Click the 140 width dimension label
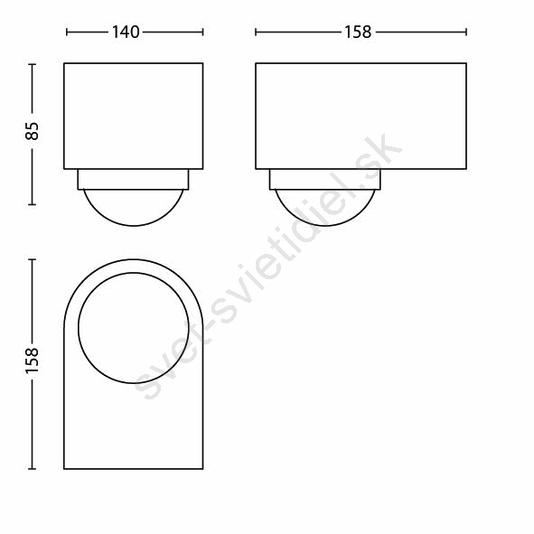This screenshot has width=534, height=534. click(126, 33)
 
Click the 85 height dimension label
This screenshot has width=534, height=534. click(33, 131)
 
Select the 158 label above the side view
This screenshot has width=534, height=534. click(358, 33)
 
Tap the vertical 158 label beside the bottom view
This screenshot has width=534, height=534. click(33, 361)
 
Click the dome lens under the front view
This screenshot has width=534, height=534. click(134, 225)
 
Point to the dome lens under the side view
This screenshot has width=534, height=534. click(325, 225)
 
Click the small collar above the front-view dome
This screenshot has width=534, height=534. click(133, 179)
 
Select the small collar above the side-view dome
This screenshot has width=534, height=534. click(325, 179)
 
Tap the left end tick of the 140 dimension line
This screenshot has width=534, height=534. click(67, 33)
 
